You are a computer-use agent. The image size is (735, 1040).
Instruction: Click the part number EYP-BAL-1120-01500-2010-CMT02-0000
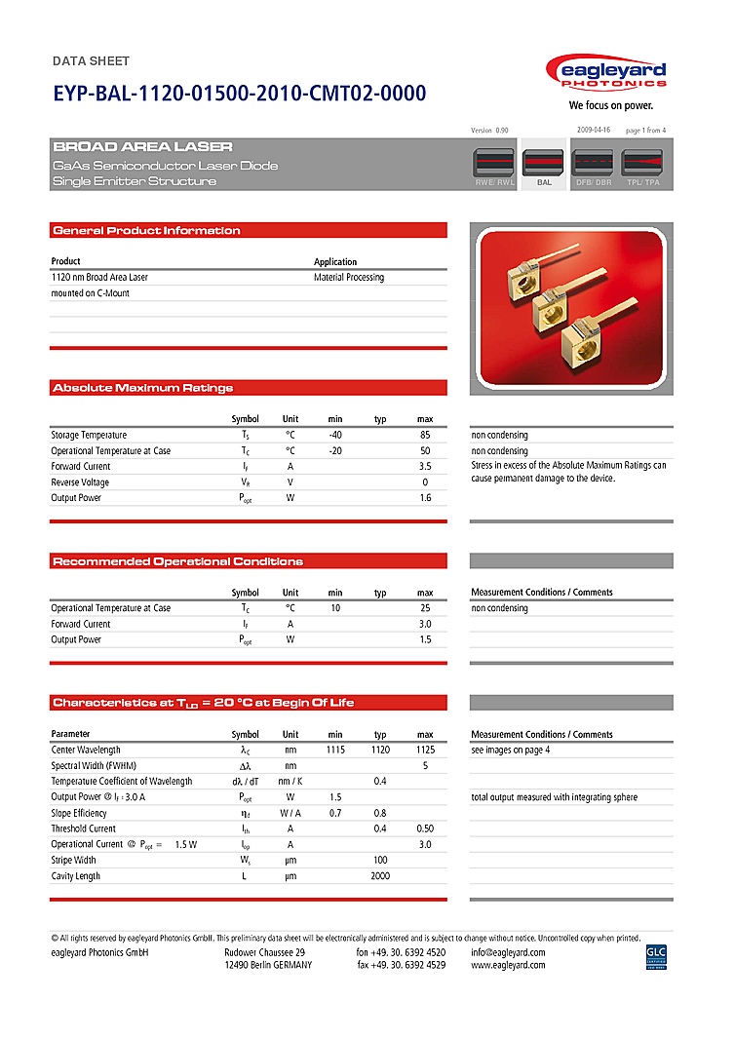click(x=239, y=95)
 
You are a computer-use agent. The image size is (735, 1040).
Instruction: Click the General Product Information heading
click(x=146, y=231)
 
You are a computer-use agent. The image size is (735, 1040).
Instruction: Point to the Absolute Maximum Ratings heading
click(x=142, y=388)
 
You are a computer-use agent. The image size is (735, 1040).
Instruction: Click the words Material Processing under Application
click(x=349, y=278)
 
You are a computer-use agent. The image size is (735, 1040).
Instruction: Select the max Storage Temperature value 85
click(x=425, y=436)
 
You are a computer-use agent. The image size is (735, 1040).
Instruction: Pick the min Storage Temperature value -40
click(x=335, y=436)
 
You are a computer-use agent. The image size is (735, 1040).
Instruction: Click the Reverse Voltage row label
click(x=80, y=482)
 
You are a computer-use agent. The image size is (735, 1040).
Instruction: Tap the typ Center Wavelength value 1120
click(x=380, y=751)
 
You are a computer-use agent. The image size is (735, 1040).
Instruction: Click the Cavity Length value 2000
click(x=380, y=876)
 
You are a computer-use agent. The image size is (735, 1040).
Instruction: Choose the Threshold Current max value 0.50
click(x=425, y=829)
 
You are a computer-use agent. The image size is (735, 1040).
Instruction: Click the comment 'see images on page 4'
click(x=511, y=751)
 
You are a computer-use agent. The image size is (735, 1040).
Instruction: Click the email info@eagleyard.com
click(x=508, y=952)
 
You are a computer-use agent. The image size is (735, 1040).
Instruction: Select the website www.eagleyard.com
click(x=508, y=965)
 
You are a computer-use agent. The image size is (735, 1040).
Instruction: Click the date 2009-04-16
click(x=593, y=130)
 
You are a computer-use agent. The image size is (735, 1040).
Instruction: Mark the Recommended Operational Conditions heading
click(x=177, y=561)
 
